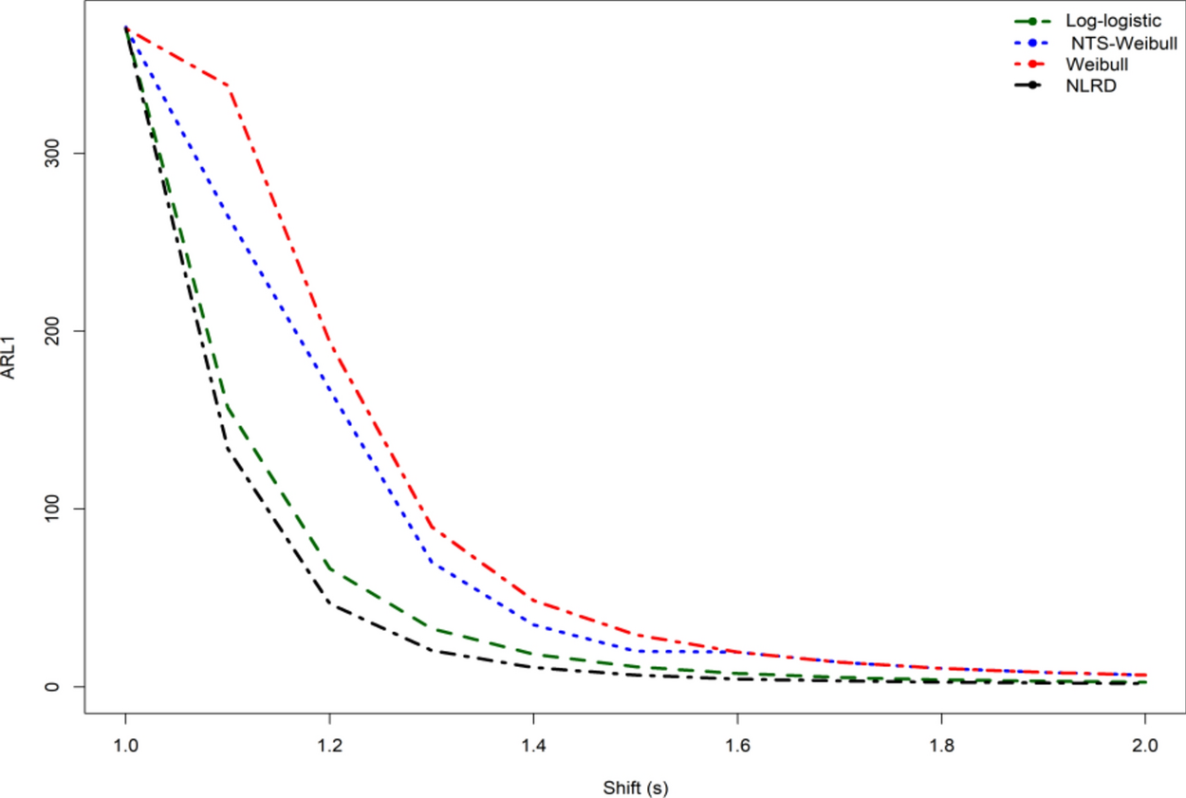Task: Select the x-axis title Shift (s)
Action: pos(635,787)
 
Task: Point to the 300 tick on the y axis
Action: pos(55,153)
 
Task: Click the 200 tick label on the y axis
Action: pos(55,330)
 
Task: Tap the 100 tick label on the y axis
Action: pos(55,509)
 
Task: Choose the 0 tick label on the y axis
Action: pos(55,686)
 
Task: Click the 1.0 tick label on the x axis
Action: pos(125,747)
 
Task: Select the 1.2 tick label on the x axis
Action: pos(329,747)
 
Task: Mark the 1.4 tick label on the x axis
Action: pos(533,747)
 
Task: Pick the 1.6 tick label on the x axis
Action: pos(737,747)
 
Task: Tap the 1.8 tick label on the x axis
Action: pos(941,747)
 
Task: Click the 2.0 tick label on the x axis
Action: pos(1145,747)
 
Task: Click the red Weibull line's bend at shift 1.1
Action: pos(228,85)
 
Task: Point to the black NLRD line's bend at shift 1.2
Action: pos(329,603)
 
